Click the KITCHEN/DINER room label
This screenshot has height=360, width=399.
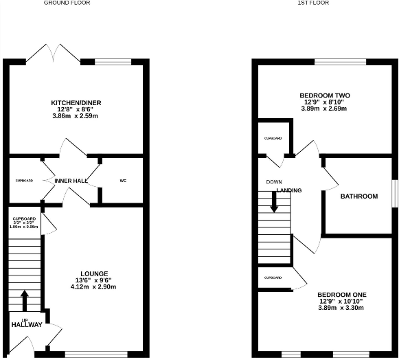click(x=76, y=103)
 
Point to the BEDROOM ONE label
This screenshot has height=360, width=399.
click(x=328, y=293)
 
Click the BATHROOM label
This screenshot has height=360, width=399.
click(x=359, y=196)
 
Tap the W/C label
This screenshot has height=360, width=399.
click(x=123, y=181)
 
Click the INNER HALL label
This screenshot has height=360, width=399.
click(x=71, y=181)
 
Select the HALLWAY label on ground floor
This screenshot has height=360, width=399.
click(x=26, y=325)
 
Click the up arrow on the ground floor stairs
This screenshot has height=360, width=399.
click(x=25, y=300)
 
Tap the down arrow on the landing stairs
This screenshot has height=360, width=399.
click(x=274, y=202)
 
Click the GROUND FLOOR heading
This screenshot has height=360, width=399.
click(x=67, y=3)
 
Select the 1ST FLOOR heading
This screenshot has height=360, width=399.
click(x=314, y=3)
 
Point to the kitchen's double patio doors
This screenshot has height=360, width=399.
click(x=54, y=54)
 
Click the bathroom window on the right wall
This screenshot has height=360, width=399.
click(x=394, y=192)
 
